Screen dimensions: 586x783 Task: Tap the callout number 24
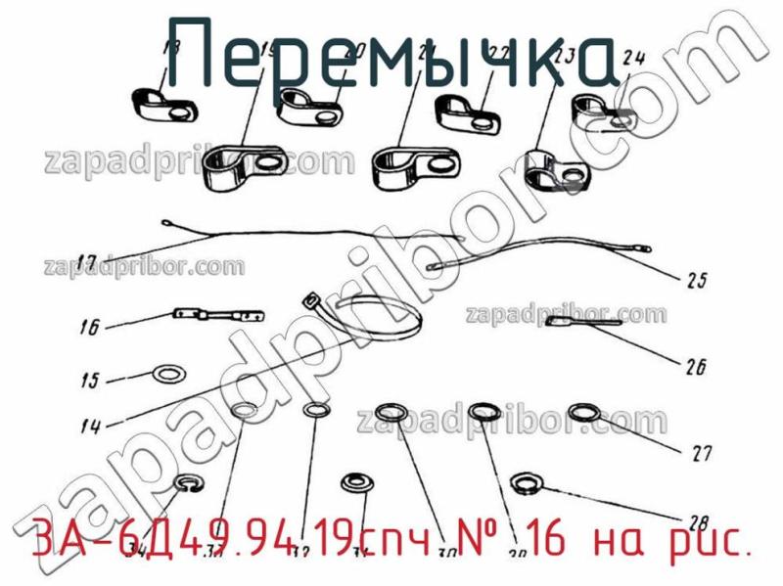tap(633, 58)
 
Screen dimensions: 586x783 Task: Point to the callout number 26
tap(696, 368)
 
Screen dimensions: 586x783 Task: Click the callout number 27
tap(701, 453)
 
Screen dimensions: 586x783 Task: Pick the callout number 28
tap(698, 520)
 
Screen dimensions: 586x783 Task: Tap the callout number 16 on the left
tap(89, 329)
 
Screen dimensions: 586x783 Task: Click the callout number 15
tap(89, 381)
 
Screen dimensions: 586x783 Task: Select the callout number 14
tap(91, 427)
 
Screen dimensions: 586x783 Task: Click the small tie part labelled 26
tap(581, 322)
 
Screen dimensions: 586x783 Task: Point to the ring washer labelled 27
tap(585, 412)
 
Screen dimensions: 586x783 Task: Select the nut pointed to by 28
tap(525, 480)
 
